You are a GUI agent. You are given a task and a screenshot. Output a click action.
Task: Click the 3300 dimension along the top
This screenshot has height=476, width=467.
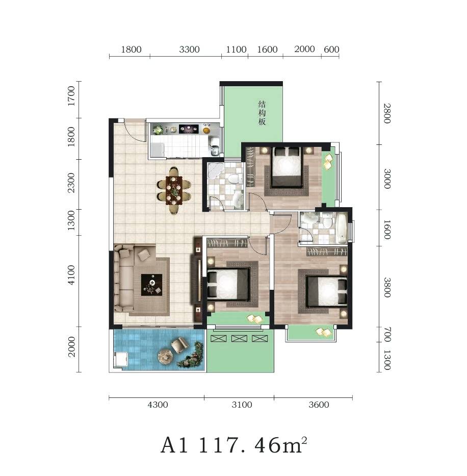[x=189, y=49]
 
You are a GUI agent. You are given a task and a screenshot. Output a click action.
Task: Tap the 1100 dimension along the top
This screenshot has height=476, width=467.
[x=236, y=49]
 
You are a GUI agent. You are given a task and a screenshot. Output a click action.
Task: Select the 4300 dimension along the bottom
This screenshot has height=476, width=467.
[x=158, y=405]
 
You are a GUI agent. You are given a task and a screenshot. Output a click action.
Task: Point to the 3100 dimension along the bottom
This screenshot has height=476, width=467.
[x=242, y=405]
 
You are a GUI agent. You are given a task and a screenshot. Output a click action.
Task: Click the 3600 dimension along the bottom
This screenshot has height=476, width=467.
[x=319, y=405]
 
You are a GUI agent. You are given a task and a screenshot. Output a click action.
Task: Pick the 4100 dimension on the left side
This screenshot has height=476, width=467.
[x=71, y=274]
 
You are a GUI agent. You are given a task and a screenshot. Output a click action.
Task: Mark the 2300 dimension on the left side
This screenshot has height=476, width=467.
[x=71, y=183]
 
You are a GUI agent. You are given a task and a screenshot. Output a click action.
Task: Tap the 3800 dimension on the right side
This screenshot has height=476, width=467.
[x=387, y=287]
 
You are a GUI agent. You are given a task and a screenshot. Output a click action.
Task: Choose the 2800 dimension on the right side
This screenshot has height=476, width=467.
[x=387, y=113]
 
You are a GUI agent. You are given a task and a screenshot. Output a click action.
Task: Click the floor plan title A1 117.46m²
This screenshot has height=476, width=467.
[x=234, y=445]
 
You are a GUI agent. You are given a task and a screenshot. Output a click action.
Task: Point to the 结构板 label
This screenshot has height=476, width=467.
[x=262, y=113]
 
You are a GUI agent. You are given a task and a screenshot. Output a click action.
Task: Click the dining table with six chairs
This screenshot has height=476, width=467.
[x=174, y=191]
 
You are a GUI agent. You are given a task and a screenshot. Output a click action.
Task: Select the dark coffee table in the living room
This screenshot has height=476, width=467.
[x=152, y=285]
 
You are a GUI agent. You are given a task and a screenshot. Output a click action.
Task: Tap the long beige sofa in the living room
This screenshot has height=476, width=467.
[x=124, y=279]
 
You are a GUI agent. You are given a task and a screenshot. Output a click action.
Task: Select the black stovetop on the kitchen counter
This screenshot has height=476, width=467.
[x=189, y=129]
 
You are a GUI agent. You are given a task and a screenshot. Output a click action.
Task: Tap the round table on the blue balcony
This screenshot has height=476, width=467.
[x=166, y=357]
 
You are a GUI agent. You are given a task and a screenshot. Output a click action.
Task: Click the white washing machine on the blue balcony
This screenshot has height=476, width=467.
[x=121, y=360]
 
